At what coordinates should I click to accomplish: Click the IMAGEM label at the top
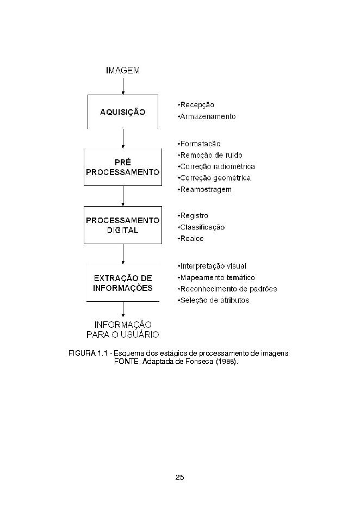pos(123,71)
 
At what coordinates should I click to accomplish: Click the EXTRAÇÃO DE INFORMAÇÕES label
pos(123,283)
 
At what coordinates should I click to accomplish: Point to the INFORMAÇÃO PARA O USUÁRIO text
pos(123,330)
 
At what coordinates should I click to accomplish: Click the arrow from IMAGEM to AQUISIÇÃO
pos(123,86)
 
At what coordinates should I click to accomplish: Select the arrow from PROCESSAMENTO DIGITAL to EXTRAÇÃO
pos(123,254)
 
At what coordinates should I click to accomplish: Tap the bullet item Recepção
pos(196,105)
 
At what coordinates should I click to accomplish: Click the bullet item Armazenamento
pos(207,116)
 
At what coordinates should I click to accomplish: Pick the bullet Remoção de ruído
pos(210,155)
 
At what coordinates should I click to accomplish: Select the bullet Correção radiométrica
pos(216,166)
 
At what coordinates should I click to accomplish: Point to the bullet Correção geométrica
pos(214,178)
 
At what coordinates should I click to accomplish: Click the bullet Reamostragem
pos(204,189)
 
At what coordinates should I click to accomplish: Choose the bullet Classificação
pos(201,227)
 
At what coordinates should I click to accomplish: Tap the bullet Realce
pos(190,239)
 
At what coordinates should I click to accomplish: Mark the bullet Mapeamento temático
pos(216,277)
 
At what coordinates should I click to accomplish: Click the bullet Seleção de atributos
pos(213,300)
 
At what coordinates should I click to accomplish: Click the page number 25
pos(180,477)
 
